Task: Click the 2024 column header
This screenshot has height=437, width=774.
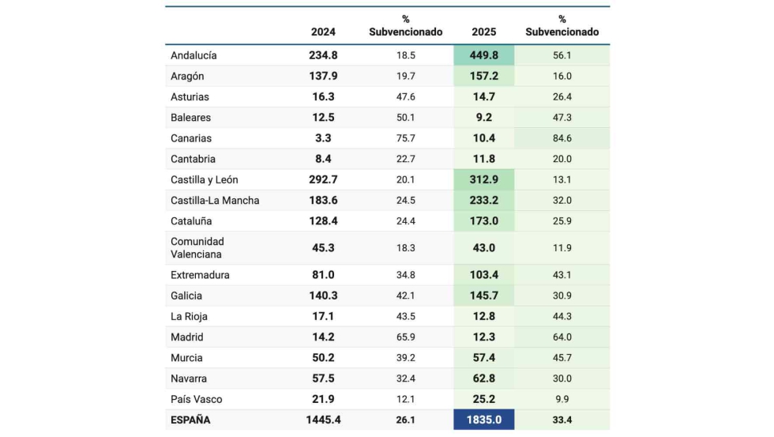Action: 323,32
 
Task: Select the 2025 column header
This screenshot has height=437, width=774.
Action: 483,32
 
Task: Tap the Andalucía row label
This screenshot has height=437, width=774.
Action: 193,55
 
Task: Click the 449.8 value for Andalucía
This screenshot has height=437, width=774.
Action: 484,55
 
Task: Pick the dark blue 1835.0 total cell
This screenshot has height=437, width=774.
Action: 484,420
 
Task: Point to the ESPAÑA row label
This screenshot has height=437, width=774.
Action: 190,420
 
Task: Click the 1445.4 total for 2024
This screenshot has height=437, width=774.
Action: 323,420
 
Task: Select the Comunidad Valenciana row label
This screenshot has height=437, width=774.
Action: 197,248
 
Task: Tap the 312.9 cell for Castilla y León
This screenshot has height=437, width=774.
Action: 484,179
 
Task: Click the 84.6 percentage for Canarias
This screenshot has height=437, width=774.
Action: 562,138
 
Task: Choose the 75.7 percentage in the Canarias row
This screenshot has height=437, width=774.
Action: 405,138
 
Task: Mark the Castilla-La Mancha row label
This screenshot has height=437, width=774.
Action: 215,200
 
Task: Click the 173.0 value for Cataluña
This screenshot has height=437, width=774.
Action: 484,220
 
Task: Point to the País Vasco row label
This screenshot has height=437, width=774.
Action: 196,399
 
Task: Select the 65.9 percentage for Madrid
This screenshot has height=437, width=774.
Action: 405,337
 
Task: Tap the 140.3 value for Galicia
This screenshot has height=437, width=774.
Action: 323,296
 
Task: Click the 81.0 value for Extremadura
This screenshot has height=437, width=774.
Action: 323,275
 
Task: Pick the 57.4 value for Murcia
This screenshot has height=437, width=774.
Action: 484,358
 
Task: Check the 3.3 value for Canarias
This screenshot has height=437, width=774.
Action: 323,138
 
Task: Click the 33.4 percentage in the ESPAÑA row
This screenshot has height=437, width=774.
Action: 562,420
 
